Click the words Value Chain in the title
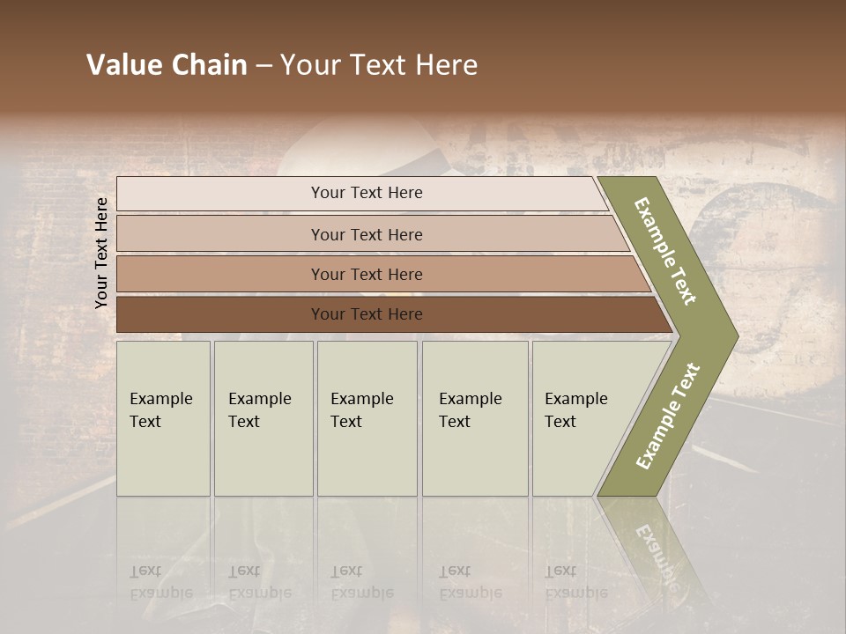click(167, 65)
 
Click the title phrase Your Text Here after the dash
click(379, 65)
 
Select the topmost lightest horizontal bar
click(366, 193)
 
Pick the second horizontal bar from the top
click(366, 234)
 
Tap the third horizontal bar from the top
click(366, 274)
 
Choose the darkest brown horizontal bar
click(366, 314)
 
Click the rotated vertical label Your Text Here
click(101, 253)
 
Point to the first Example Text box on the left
click(163, 418)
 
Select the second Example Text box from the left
click(263, 418)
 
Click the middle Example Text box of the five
click(366, 418)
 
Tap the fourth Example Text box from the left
click(474, 418)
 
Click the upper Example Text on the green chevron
click(665, 251)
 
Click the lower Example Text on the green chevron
click(668, 417)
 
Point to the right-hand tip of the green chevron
click(736, 335)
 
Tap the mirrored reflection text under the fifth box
click(575, 582)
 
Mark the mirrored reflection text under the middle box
click(361, 582)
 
